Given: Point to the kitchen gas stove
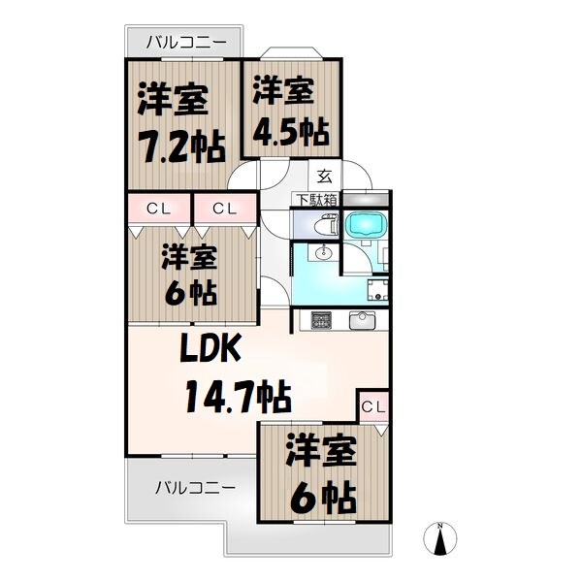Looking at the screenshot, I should point(320,319).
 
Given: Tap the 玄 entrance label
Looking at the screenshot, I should point(323,177).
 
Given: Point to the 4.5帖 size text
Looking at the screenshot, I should point(289,130).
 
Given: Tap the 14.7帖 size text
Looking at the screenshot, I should point(239,396).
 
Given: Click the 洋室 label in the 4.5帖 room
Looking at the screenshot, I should point(283,90).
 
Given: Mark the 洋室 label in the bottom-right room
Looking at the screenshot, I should point(320,453).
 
